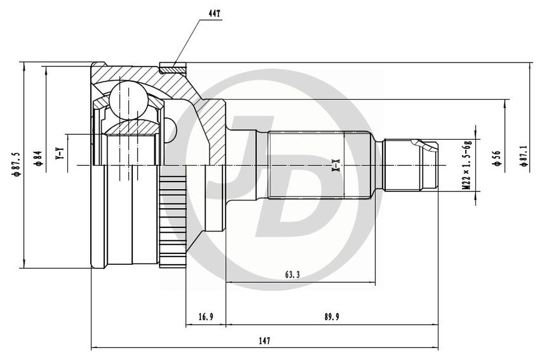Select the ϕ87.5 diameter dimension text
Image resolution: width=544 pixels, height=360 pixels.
(x=16, y=165)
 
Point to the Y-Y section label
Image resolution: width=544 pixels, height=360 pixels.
(x=60, y=154)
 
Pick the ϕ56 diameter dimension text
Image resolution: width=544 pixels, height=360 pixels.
(x=497, y=158)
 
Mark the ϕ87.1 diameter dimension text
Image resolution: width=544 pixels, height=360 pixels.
(x=523, y=156)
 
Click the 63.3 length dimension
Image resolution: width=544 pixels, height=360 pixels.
(x=293, y=275)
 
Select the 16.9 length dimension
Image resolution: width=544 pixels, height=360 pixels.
(x=206, y=316)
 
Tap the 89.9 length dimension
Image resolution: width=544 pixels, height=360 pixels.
(x=332, y=316)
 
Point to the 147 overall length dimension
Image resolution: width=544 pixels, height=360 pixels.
(x=264, y=340)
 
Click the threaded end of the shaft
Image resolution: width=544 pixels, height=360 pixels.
(x=410, y=165)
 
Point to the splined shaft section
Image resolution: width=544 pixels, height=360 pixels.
(x=318, y=165)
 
